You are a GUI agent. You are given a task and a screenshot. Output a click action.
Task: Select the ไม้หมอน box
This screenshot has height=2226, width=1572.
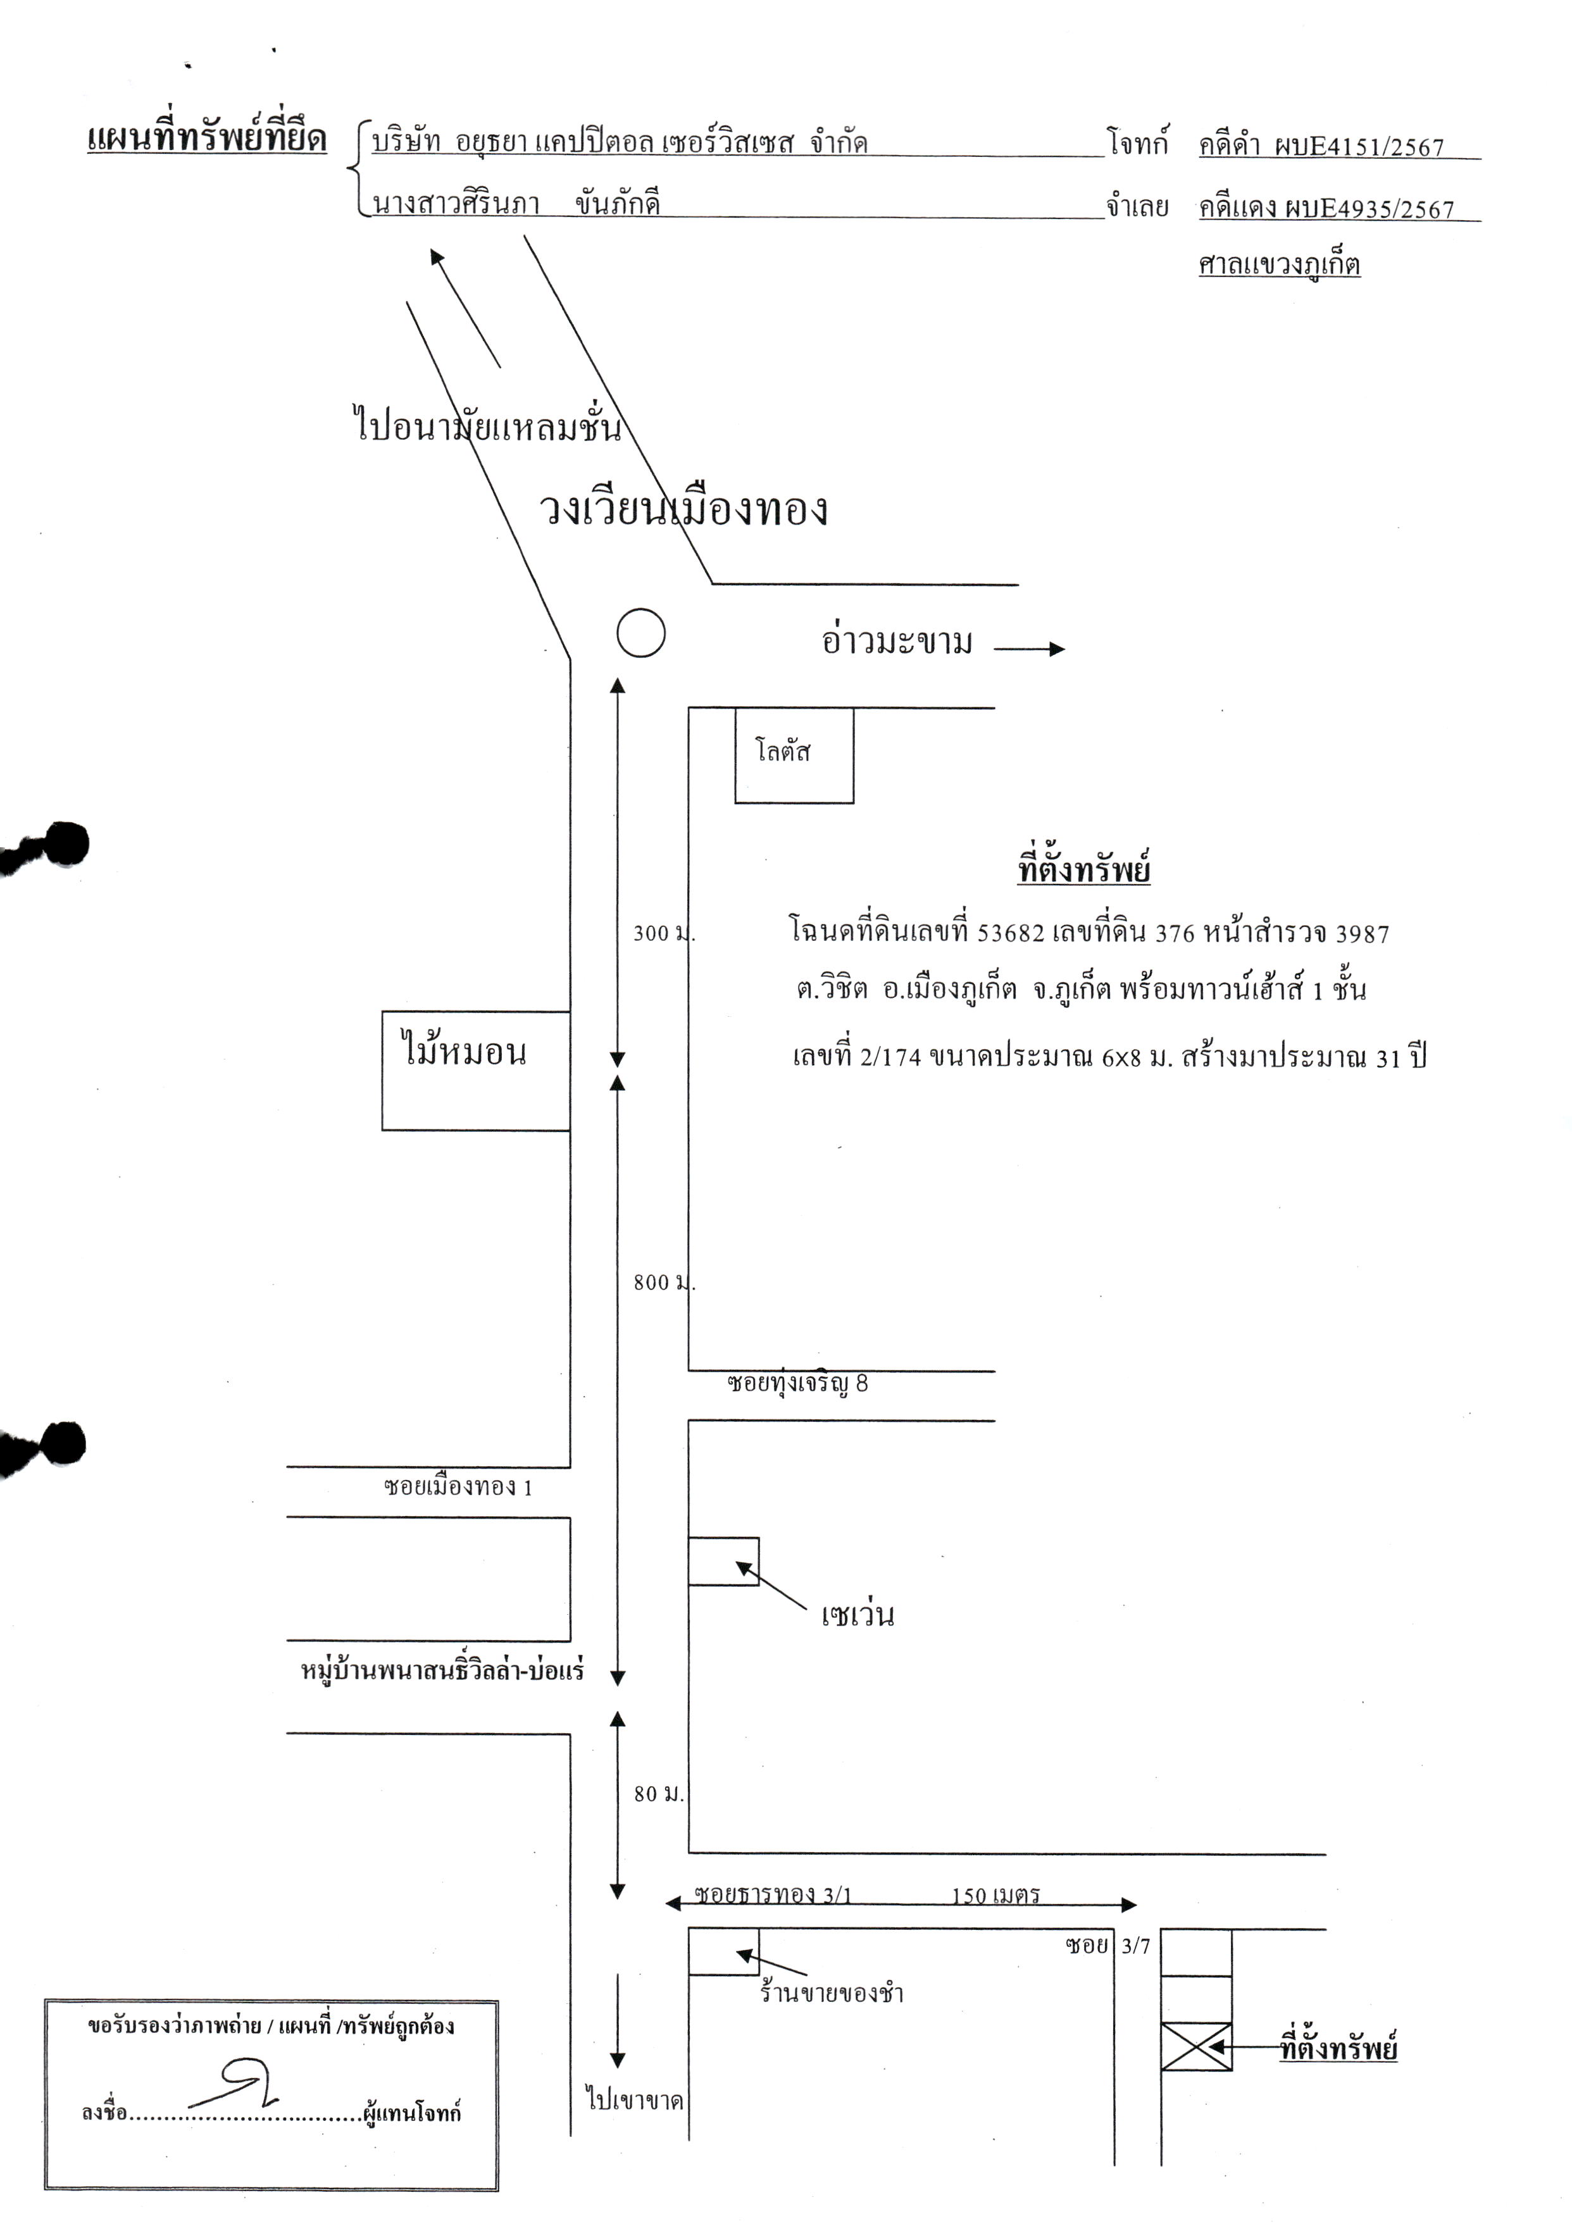(475, 1071)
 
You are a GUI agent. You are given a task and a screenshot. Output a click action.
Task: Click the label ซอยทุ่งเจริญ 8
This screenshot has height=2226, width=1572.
(797, 1383)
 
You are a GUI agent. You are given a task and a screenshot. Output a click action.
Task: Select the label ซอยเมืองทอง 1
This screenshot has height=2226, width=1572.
(458, 1486)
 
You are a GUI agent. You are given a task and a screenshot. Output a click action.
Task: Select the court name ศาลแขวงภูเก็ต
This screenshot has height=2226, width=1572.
(1279, 263)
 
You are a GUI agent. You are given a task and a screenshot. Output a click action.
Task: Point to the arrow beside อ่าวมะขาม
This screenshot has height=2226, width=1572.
(1030, 649)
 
